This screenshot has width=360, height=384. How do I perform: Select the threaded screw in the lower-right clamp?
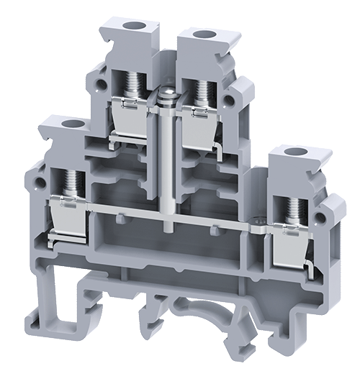294,208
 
